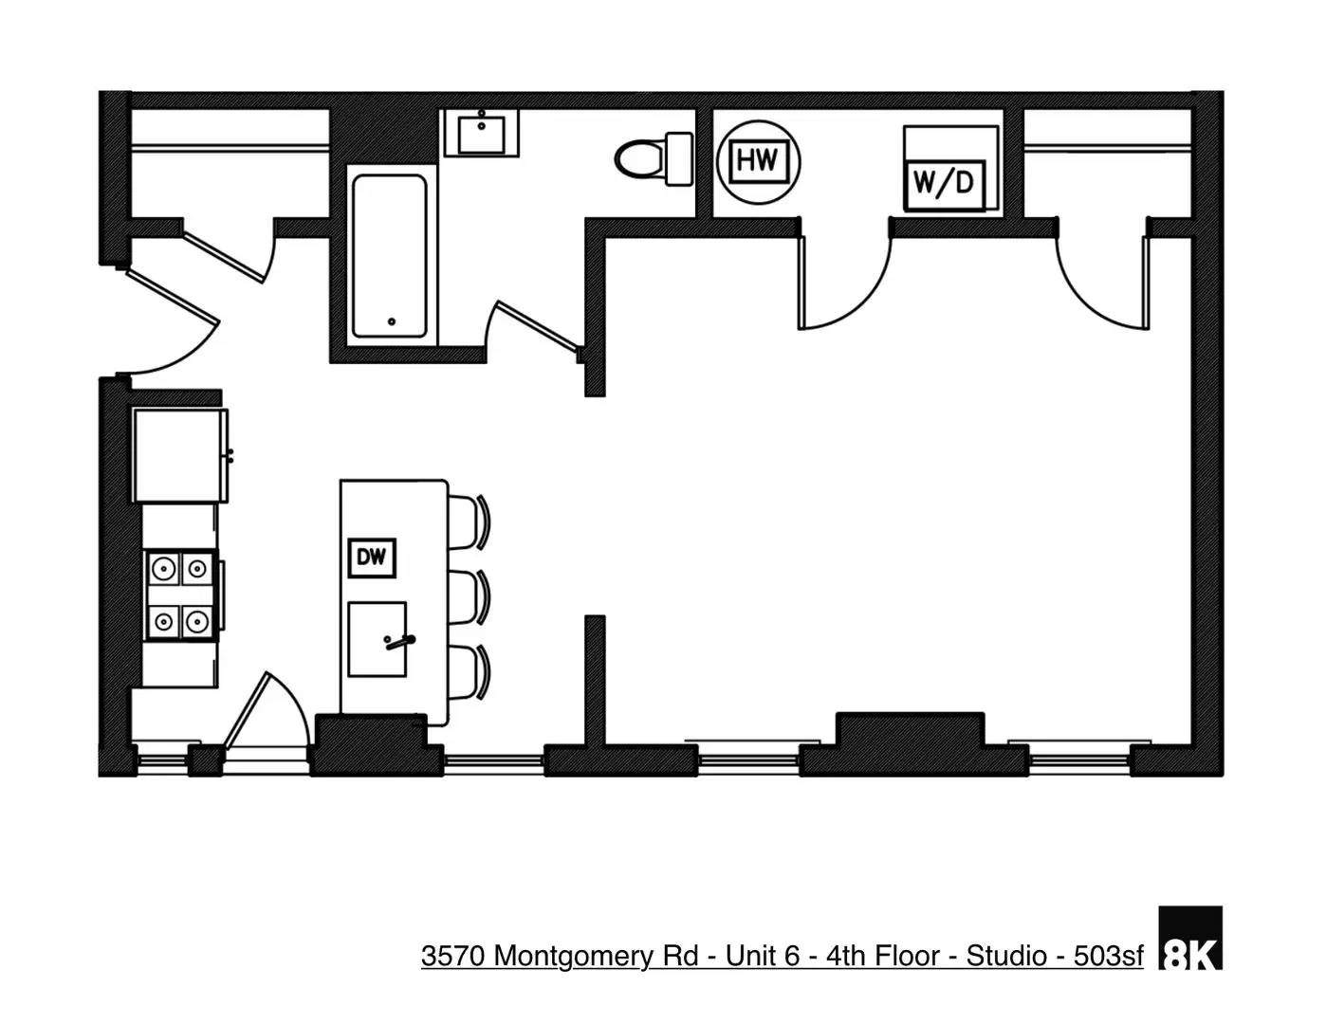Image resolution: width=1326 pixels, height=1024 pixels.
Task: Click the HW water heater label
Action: click(758, 160)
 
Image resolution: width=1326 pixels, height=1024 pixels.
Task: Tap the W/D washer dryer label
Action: click(944, 181)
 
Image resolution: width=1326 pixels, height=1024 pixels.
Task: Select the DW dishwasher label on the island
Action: click(371, 558)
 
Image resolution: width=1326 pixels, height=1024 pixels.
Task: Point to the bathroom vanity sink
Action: click(483, 133)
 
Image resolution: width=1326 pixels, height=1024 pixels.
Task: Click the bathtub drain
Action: click(392, 322)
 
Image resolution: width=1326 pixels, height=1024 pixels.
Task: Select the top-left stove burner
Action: click(164, 569)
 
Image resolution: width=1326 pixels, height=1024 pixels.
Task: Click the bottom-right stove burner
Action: click(196, 622)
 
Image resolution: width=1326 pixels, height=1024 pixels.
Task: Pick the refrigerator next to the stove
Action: click(180, 455)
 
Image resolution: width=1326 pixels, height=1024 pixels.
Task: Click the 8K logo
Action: click(1190, 939)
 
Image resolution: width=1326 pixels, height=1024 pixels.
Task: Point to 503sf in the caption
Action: click(1108, 956)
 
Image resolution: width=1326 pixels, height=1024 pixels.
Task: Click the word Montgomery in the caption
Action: click(573, 956)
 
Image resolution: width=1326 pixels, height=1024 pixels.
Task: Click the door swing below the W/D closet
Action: click(844, 284)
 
